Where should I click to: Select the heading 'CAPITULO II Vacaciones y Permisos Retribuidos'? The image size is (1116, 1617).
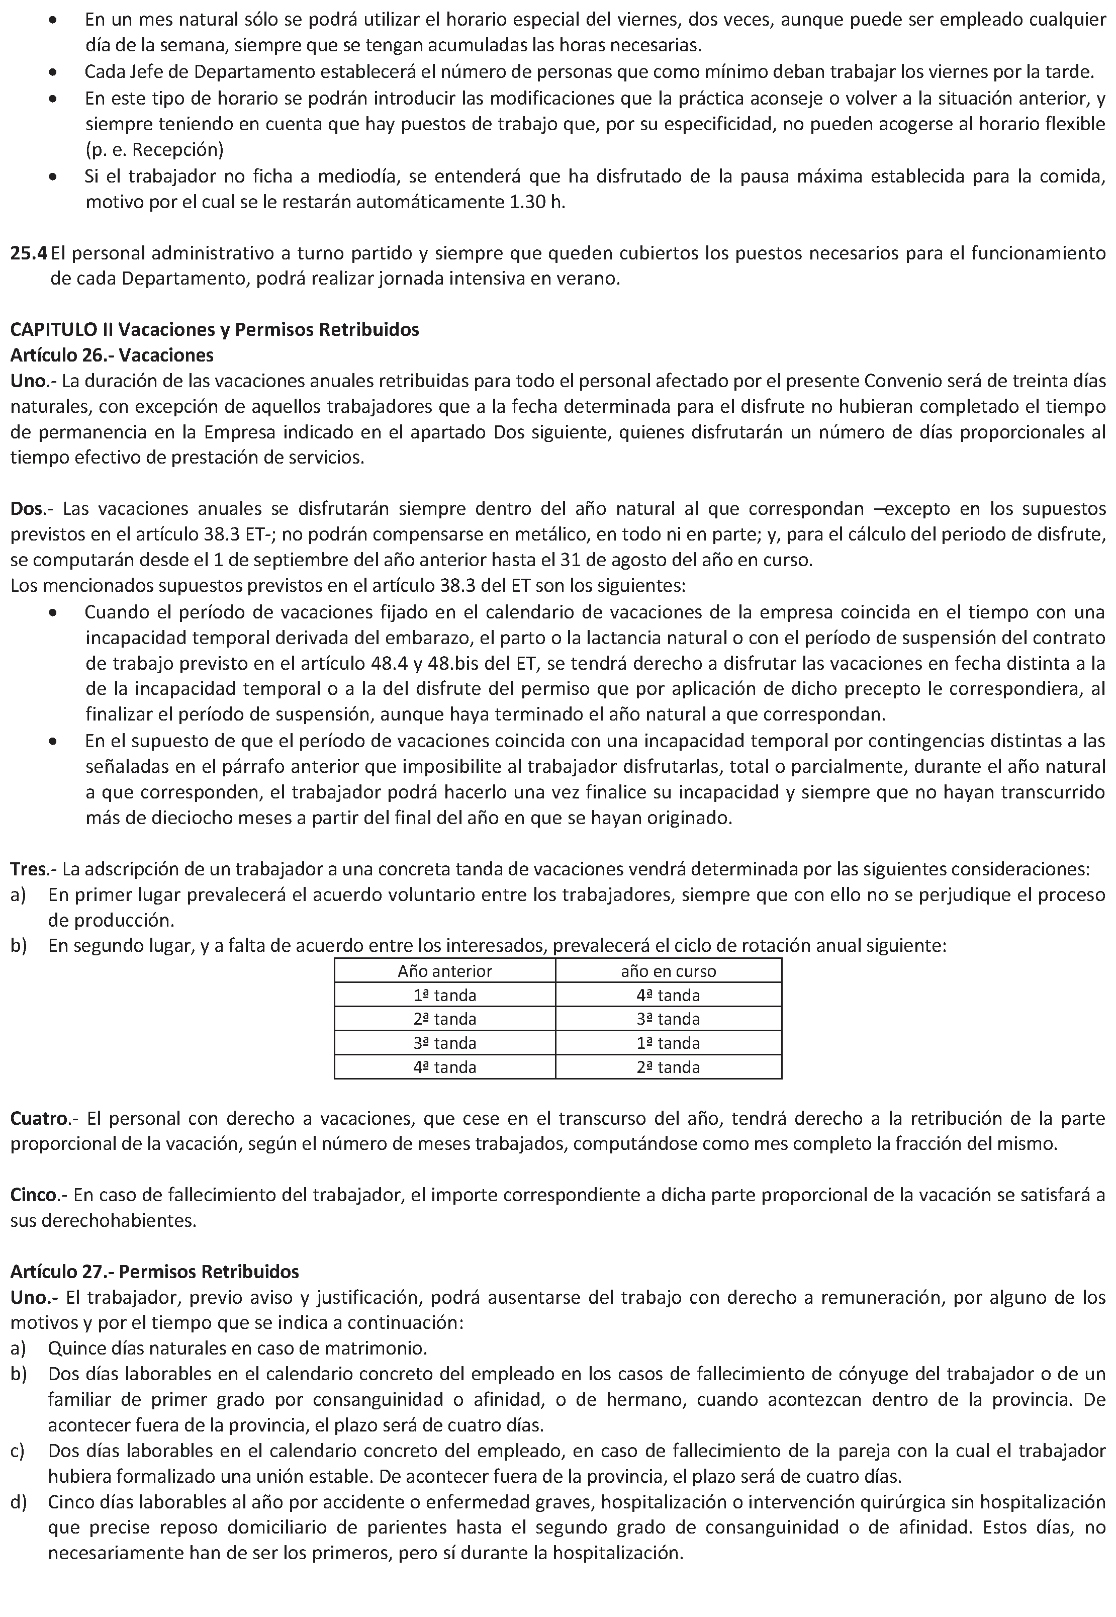[x=214, y=329]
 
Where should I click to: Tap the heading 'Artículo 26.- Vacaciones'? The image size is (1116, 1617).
[x=112, y=355]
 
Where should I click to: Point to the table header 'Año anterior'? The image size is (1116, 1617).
[x=445, y=971]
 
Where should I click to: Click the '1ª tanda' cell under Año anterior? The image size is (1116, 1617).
[x=445, y=995]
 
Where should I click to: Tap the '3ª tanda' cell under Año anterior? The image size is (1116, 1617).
[x=445, y=1043]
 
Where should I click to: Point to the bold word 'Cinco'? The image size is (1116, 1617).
[x=32, y=1195]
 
